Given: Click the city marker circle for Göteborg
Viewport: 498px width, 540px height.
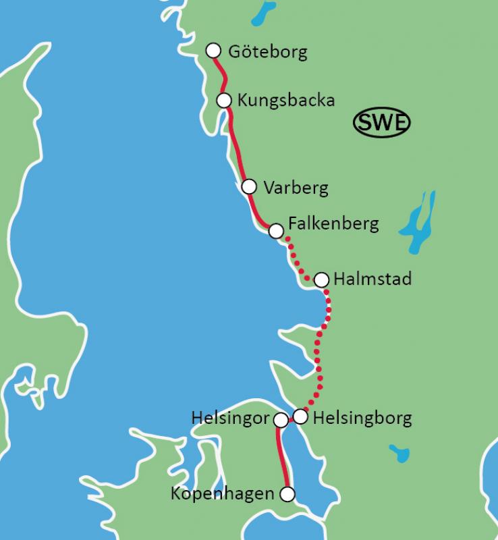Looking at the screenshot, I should coord(213,51).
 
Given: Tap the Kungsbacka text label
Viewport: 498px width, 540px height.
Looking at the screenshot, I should coord(286,101).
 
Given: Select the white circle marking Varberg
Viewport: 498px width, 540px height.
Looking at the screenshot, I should coord(249,186).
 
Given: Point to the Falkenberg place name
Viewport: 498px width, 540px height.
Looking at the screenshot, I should coord(333,223).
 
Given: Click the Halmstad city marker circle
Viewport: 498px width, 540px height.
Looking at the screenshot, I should coord(321,279).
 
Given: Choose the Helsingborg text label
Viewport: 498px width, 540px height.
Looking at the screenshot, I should coord(362,417).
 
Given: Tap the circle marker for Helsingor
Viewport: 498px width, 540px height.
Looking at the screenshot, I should coord(281,421).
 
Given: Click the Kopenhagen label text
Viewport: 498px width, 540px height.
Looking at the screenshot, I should coord(223,494).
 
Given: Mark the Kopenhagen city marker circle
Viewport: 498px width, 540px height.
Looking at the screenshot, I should coord(287,494).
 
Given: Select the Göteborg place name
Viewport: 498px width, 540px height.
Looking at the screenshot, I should coord(268,52).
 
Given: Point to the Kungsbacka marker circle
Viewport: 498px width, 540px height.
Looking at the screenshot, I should coord(224,100).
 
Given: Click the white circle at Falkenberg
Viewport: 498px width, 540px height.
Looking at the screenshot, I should coord(275,231).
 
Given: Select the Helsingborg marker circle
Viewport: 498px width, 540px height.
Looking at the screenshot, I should coord(300,416).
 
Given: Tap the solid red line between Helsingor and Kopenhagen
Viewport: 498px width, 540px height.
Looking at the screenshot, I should coord(281,459).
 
